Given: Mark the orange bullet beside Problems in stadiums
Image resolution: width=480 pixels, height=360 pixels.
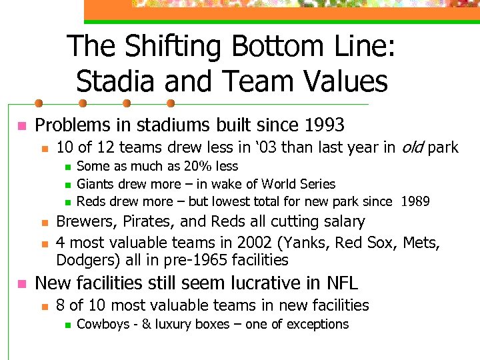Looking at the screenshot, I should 21,125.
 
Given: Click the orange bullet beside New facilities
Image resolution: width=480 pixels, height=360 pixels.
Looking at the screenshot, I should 21,284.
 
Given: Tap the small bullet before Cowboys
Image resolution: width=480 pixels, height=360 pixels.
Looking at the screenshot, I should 67,325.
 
